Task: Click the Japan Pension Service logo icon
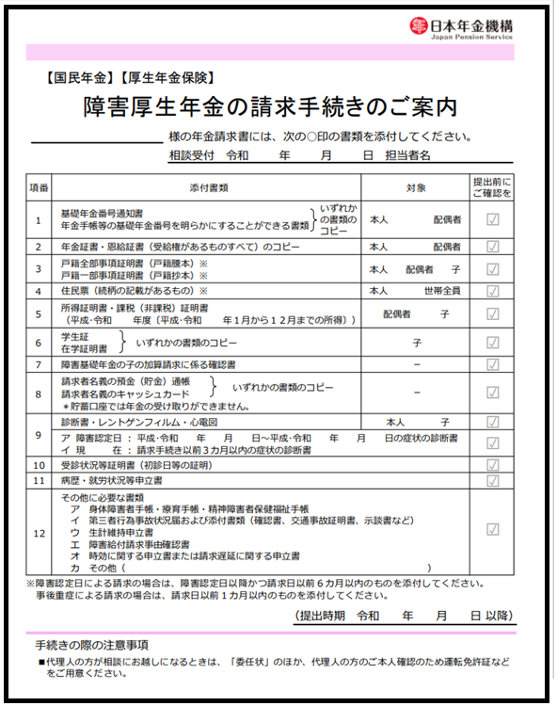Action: (419, 28)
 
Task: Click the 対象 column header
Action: (415, 187)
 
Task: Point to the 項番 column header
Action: (39, 187)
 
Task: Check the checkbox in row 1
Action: (492, 220)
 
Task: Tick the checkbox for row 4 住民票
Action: (492, 291)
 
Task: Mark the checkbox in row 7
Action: (492, 364)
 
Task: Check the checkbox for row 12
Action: (492, 529)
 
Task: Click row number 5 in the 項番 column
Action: (39, 313)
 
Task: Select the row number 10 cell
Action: (39, 465)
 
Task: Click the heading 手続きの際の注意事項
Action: (92, 645)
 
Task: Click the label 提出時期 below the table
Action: (320, 616)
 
